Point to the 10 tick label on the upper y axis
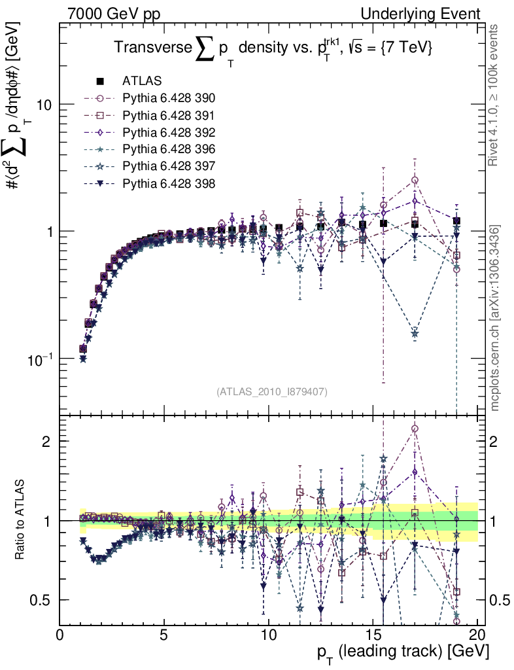[43, 105]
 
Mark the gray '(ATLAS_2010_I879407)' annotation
[271, 391]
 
